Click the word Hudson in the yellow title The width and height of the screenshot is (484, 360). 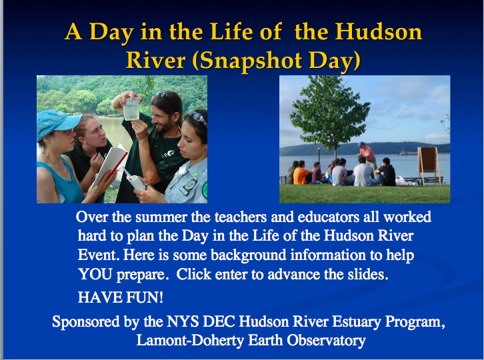click(379, 32)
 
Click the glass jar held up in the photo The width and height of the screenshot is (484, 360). click(131, 109)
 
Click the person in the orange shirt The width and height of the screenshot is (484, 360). click(301, 173)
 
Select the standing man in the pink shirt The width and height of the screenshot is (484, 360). click(367, 155)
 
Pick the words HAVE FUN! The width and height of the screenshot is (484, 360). click(121, 297)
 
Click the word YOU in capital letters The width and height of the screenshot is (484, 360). click(95, 274)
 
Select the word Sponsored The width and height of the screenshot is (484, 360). click(86, 322)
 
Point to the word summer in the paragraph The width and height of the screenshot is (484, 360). click(161, 217)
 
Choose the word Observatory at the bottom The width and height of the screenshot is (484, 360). click(326, 340)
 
